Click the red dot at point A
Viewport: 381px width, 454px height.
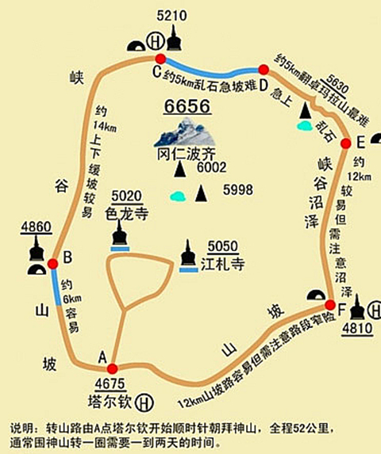[112, 368]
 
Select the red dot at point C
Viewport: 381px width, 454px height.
[160, 59]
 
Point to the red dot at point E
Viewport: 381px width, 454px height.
[345, 143]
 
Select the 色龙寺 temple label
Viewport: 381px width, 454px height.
[126, 212]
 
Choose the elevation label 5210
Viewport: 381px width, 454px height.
[171, 14]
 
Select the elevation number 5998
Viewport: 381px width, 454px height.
[238, 189]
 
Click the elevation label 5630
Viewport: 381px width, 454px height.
[337, 83]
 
